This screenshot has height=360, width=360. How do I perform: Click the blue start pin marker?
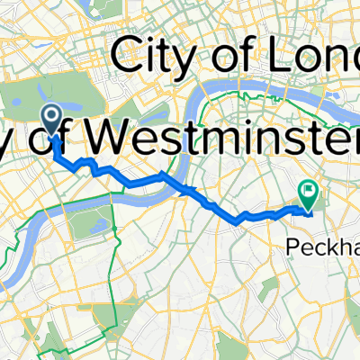[x=51, y=116]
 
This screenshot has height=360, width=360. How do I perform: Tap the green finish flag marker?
[x=309, y=191]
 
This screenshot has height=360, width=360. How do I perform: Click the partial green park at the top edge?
[x=90, y=4]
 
